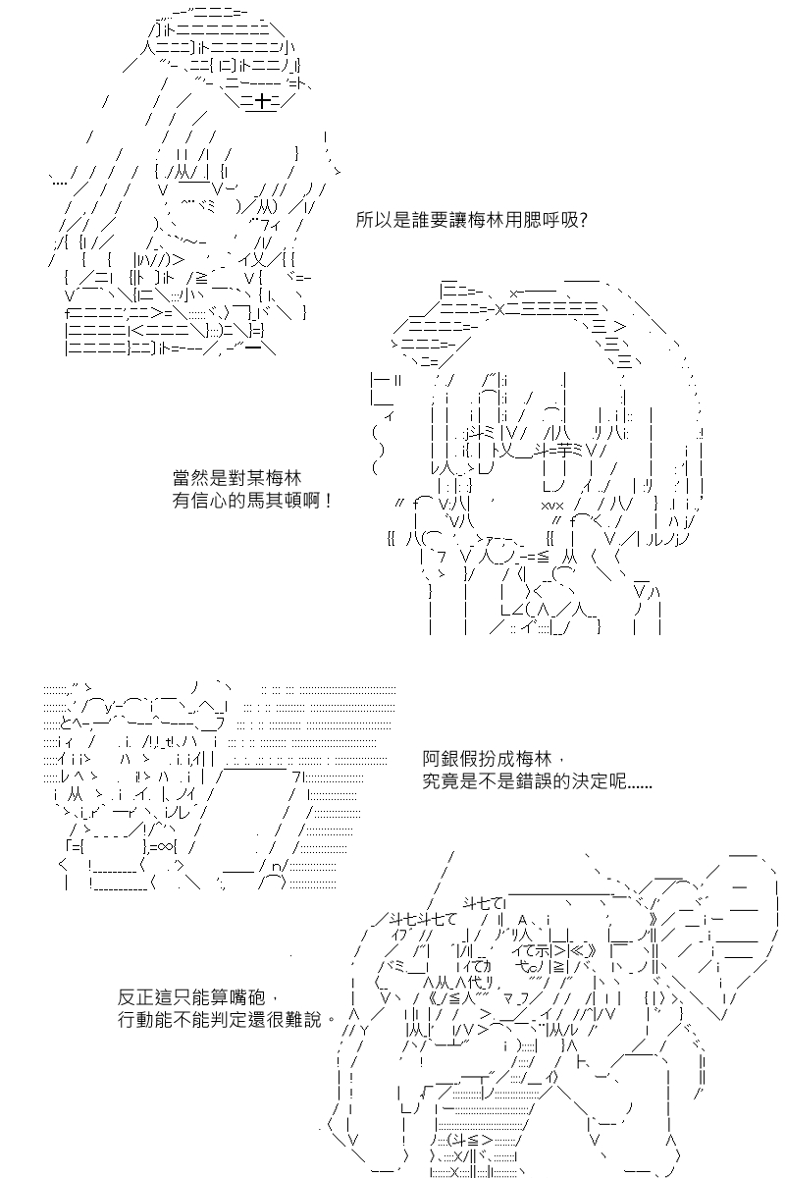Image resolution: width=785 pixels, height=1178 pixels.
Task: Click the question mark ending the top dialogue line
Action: [x=582, y=220]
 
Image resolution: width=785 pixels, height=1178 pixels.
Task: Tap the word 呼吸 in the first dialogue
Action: [x=559, y=220]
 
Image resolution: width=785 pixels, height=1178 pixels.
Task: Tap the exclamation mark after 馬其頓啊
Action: [x=328, y=500]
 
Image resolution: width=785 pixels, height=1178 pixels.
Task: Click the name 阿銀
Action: [x=441, y=759]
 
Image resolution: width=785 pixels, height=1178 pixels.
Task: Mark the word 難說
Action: [x=302, y=1020]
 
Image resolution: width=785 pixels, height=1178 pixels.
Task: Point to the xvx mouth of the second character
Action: [x=552, y=506]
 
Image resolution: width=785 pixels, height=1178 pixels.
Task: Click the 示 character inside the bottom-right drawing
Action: [x=542, y=950]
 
